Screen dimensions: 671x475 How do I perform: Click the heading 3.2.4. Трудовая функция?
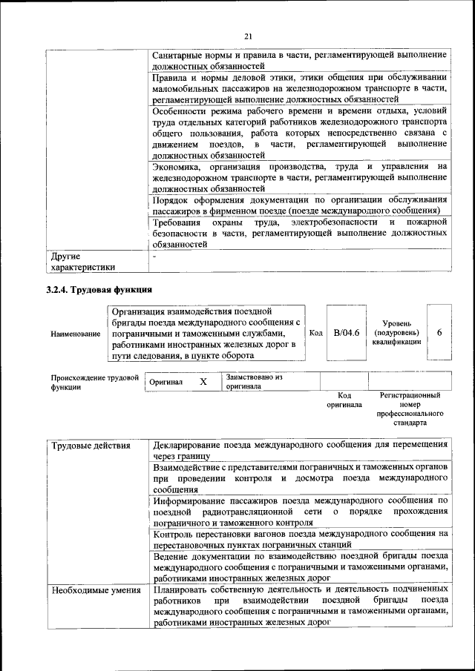[99, 289]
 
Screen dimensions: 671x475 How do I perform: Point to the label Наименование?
[76, 334]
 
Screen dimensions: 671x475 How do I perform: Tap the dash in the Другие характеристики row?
[154, 256]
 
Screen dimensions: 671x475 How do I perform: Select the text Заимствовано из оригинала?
[253, 382]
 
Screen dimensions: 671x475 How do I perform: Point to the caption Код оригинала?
[344, 400]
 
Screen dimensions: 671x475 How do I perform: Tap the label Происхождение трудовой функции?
[94, 383]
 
